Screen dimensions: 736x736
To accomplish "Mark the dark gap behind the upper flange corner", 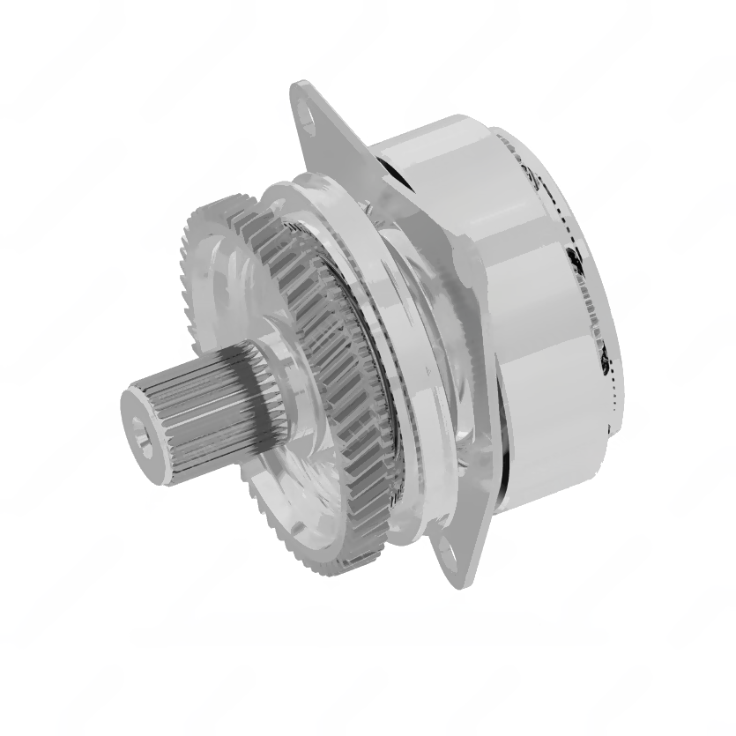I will coord(388,176).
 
